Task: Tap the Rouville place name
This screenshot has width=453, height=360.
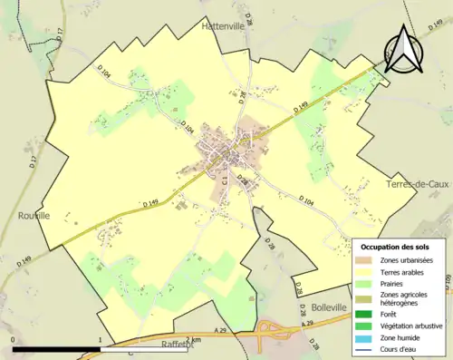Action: (34, 215)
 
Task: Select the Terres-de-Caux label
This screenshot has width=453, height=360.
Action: (417, 184)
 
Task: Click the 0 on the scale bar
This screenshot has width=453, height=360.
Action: (14, 339)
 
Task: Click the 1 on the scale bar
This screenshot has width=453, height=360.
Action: (99, 339)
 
